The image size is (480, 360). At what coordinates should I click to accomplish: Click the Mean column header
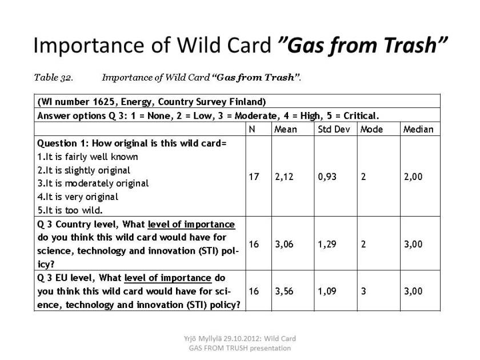click(285, 129)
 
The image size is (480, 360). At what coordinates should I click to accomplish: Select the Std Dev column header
click(334, 129)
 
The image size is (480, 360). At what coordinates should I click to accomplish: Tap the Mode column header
click(371, 129)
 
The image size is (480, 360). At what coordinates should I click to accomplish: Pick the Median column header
click(418, 129)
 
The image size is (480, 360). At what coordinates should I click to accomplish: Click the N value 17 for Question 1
click(254, 177)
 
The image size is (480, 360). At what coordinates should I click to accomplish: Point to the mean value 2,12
click(284, 177)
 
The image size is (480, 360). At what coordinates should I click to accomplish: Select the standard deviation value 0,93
click(327, 177)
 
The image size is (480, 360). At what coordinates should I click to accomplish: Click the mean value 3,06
click(284, 244)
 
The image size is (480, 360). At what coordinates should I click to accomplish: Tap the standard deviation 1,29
click(327, 244)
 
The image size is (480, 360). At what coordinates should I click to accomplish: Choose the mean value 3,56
click(284, 291)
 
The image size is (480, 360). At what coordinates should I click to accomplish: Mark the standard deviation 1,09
click(327, 291)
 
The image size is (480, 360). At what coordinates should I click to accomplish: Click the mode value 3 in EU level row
click(363, 291)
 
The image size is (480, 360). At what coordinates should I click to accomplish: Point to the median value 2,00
click(413, 177)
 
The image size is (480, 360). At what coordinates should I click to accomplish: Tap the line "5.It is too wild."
click(70, 210)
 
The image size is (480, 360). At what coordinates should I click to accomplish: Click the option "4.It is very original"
click(78, 197)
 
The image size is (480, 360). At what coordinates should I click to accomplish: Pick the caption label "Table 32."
click(54, 78)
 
